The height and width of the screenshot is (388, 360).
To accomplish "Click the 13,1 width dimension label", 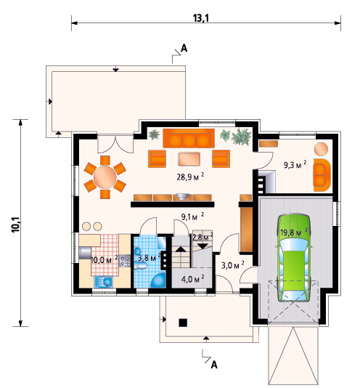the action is tap(201, 18).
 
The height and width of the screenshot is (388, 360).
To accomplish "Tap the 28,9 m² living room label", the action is tap(190, 177).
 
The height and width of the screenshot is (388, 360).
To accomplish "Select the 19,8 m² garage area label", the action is tap(294, 233).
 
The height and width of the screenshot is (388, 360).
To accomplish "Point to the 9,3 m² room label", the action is tap(295, 164).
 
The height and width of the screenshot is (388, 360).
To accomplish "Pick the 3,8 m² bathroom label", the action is tap(150, 258).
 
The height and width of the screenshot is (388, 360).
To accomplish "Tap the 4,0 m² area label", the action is tap(192, 279).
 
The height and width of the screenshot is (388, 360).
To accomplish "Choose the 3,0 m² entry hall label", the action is tap(233, 265).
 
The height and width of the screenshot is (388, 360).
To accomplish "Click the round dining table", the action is tap(105, 177).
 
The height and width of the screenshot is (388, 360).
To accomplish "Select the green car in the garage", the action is tap(294, 257).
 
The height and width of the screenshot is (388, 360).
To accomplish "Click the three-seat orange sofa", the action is tap(189, 138).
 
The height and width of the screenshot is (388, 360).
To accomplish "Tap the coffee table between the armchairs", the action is tap(189, 159).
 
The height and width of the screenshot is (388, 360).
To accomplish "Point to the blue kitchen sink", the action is tap(104, 282).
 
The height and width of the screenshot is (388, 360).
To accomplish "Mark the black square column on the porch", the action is tap(183, 323).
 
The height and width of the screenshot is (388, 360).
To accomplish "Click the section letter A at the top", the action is tap(184, 48).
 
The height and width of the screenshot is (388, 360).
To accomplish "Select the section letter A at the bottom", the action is tap(214, 365).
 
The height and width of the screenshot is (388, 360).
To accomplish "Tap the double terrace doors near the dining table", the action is tap(115, 144).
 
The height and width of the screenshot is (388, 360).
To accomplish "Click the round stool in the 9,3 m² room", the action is tap(322, 149).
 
